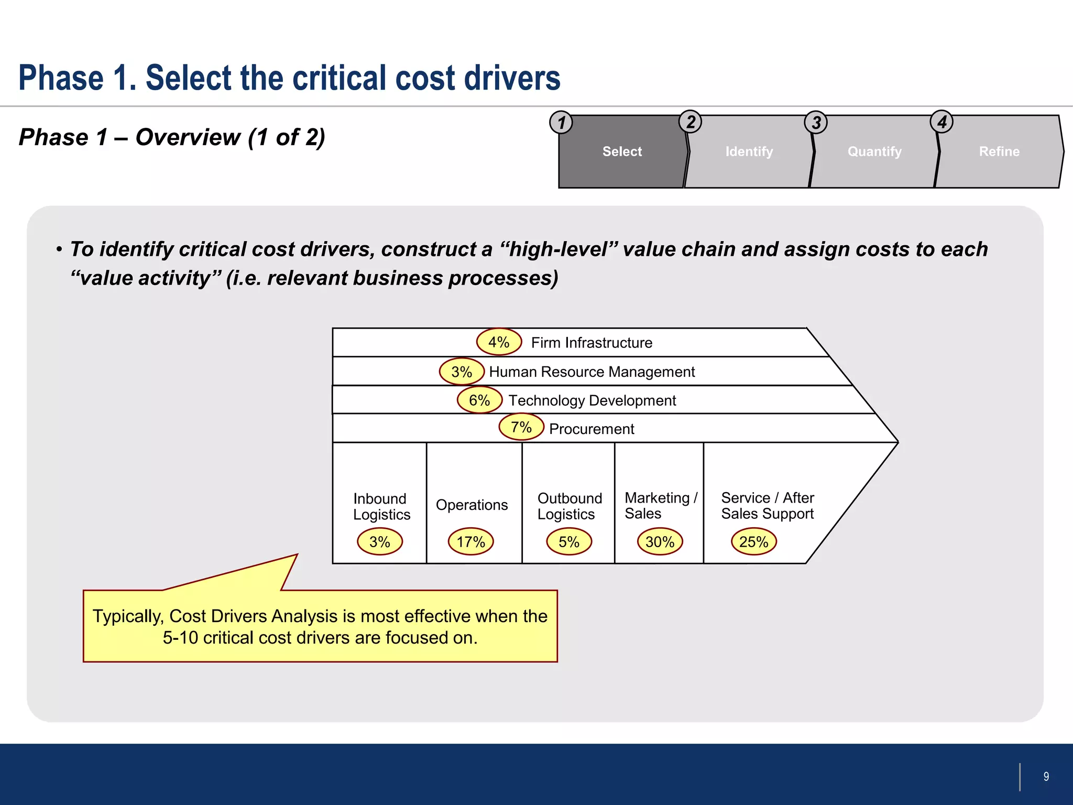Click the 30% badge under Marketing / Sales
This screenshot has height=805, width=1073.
[660, 541]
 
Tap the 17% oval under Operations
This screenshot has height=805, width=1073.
[470, 541]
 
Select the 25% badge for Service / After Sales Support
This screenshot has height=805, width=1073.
[753, 541]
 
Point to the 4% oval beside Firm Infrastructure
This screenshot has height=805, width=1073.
[499, 342]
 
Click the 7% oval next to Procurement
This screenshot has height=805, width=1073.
[521, 427]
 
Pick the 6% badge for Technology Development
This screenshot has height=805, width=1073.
[479, 400]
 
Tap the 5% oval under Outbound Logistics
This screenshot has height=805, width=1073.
[569, 541]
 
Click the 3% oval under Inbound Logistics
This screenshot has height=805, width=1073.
[380, 541]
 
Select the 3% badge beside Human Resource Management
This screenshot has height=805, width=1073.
[462, 372]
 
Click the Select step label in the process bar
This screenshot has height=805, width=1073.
[622, 151]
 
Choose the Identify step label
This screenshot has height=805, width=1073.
[749, 151]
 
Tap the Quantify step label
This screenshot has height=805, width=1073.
[874, 151]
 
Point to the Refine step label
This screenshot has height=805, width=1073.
[999, 151]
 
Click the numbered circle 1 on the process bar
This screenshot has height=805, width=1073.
[561, 123]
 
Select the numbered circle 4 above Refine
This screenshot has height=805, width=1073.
[941, 122]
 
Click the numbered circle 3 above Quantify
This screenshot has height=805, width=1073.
[816, 123]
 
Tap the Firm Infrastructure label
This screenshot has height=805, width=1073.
[592, 343]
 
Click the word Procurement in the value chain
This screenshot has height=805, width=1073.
[592, 429]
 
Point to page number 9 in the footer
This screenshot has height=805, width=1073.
[1046, 777]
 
